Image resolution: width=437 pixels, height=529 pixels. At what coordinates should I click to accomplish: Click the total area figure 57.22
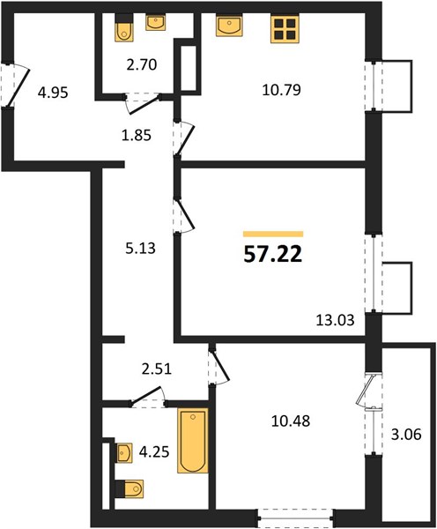(273, 255)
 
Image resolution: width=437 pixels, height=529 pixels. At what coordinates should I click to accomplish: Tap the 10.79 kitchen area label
(282, 90)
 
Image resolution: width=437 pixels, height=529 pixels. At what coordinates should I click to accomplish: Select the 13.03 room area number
(335, 320)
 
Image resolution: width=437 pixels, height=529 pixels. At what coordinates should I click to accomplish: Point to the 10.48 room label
(291, 421)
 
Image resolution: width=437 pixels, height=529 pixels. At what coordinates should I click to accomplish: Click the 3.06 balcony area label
(406, 435)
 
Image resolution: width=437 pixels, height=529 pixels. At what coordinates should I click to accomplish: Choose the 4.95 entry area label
(53, 93)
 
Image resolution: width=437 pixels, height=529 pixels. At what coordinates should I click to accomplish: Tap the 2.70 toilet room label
(142, 64)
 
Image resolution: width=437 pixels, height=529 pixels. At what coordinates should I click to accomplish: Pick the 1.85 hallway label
(137, 136)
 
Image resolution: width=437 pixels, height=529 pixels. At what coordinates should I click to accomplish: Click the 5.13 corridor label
(140, 249)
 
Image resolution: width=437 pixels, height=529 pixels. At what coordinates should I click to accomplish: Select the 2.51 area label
(157, 369)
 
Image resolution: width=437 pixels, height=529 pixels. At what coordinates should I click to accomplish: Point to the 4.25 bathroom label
(154, 452)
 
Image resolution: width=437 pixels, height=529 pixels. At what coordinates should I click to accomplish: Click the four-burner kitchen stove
(285, 29)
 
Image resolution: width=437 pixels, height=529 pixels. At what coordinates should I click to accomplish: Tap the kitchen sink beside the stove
(229, 26)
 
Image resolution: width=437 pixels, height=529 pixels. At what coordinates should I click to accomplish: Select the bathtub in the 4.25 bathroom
(193, 440)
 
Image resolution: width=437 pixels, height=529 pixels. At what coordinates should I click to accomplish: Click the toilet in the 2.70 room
(124, 28)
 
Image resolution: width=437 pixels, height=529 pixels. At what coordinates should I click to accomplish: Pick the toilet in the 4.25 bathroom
(130, 488)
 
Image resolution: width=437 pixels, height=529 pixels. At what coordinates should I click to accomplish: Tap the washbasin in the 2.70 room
(155, 23)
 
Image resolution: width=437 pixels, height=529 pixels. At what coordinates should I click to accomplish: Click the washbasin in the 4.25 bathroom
(124, 453)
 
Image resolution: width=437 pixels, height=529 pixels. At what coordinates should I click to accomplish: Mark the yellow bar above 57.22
(273, 235)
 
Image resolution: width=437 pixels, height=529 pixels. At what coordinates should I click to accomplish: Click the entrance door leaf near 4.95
(19, 87)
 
